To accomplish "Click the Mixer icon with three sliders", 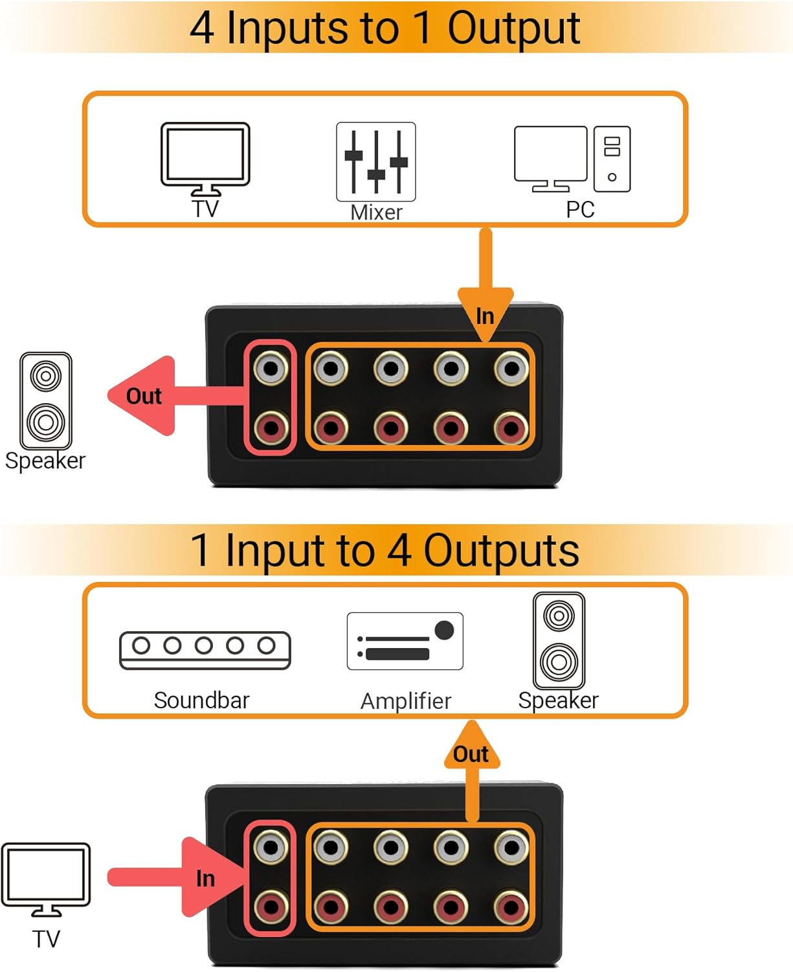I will (375, 161).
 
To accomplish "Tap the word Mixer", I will (376, 213).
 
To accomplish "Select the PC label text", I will (580, 210).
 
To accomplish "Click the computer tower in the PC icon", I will (612, 159).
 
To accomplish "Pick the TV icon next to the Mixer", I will (205, 157).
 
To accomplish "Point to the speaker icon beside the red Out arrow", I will (46, 400).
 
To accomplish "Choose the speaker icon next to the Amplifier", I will (559, 640).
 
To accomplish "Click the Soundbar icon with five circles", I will (205, 650).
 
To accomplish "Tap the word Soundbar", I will (201, 700).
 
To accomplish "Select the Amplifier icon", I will (405, 641).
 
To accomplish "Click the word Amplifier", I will (405, 701).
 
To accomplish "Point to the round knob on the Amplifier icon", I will (444, 630).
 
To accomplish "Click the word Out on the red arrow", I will (144, 396).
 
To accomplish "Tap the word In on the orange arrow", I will (485, 316).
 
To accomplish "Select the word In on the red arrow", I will (205, 879).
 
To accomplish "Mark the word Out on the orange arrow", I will (471, 754).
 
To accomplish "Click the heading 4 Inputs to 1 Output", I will (385, 28).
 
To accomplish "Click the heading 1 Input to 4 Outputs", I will (385, 551).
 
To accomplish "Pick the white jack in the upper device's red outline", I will (271, 369).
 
